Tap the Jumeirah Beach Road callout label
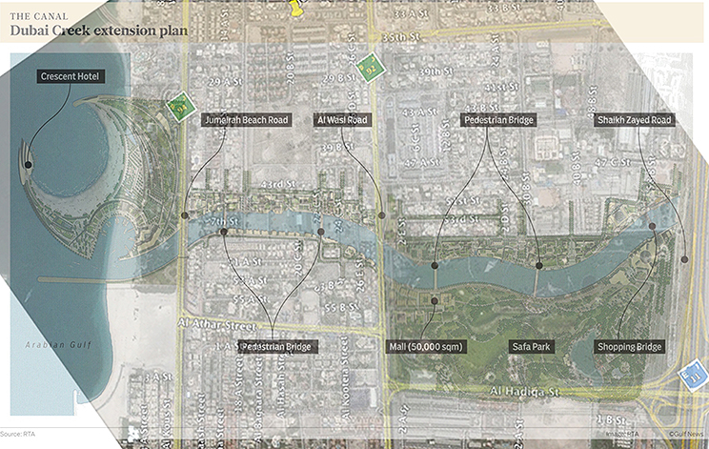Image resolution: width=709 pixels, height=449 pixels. point(246,120)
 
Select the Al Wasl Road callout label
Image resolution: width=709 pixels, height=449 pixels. point(340,120)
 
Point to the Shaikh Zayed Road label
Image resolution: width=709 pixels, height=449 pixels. point(634,120)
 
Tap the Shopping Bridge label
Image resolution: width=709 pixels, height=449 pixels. point(629,346)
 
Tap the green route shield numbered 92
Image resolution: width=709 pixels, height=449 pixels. point(372,68)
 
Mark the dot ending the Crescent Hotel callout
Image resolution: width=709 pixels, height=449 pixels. point(28,165)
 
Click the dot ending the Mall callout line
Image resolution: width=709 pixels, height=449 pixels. point(435,301)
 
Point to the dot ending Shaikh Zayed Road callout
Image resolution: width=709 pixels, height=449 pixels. point(685,258)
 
